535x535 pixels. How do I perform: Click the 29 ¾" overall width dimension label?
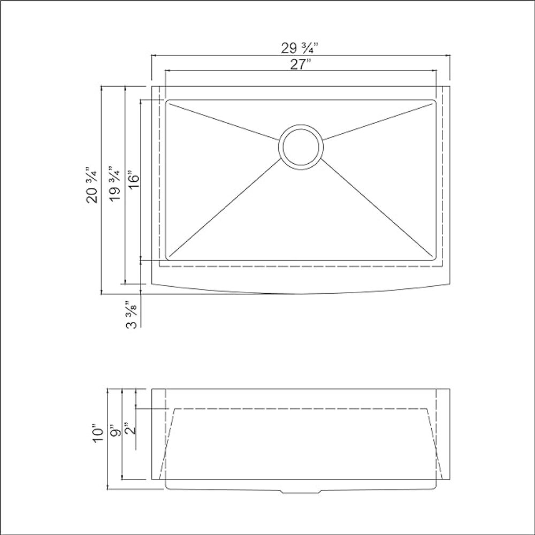click(x=300, y=48)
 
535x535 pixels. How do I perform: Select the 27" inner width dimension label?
click(x=300, y=64)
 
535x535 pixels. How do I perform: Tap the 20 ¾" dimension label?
click(x=92, y=185)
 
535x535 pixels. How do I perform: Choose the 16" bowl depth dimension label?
click(x=134, y=179)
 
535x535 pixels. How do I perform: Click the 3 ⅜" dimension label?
click(x=132, y=315)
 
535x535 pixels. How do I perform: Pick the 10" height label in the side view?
click(x=97, y=433)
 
